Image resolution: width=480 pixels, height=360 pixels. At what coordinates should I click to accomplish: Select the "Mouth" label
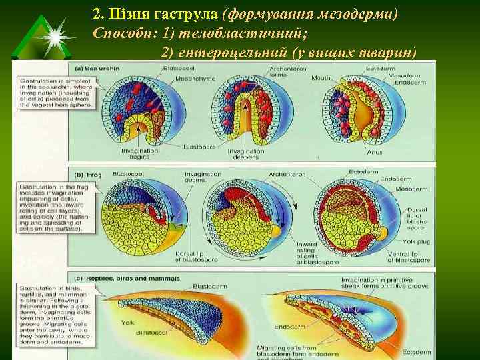coord(321,78)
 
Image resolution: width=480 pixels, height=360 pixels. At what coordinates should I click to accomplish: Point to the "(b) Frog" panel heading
coord(87,174)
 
